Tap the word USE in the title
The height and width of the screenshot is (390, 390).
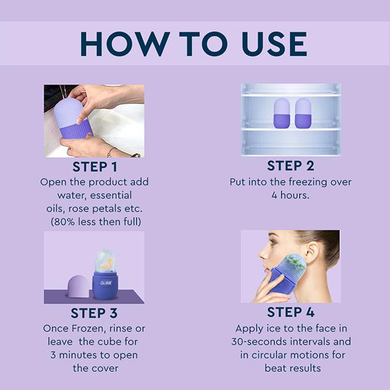[268, 43]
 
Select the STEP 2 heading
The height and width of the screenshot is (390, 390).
[291, 166]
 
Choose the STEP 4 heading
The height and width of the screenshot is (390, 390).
[291, 313]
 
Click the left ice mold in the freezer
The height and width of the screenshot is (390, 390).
[281, 112]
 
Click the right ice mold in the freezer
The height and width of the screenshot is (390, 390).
[303, 112]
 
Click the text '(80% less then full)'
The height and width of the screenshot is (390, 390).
[94, 222]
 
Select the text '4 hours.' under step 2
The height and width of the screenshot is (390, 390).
[291, 195]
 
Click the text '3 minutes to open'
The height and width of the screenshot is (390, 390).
[94, 355]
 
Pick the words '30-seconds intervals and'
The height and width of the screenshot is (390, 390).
[291, 342]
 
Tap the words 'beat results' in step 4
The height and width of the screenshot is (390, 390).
[291, 368]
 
